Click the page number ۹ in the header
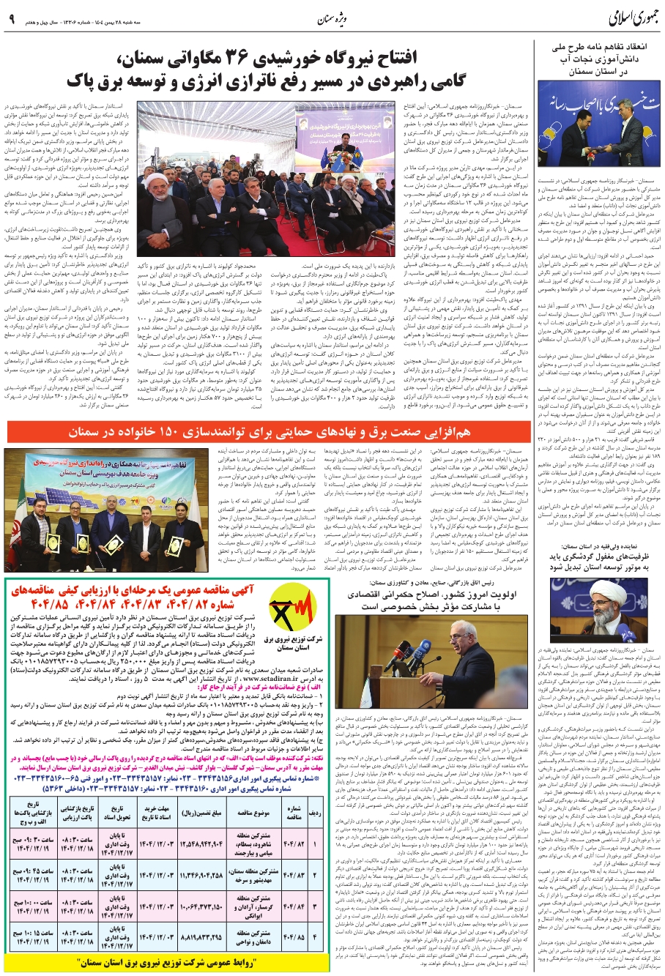[12, 20]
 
